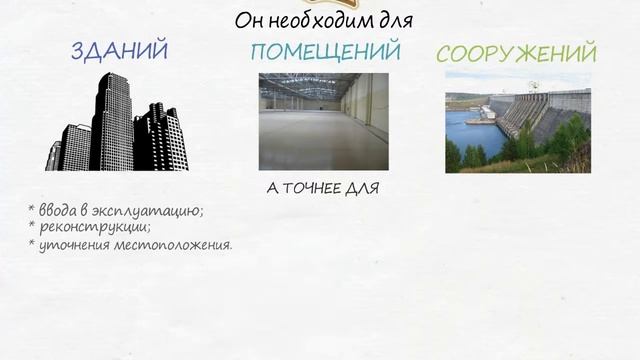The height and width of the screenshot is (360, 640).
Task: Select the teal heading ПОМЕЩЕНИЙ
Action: coord(326,51)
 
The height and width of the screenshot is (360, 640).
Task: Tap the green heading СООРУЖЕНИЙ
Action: coord(517,53)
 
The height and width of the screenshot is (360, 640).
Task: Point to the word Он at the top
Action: coord(249,20)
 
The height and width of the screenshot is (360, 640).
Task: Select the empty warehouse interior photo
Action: coord(323,121)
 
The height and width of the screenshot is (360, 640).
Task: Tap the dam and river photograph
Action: coord(517,122)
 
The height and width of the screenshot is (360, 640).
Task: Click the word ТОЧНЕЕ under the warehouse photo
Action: coord(313,187)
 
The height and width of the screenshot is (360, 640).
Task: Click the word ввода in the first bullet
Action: coord(57,210)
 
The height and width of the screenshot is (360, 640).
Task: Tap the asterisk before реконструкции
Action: coord(32,225)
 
